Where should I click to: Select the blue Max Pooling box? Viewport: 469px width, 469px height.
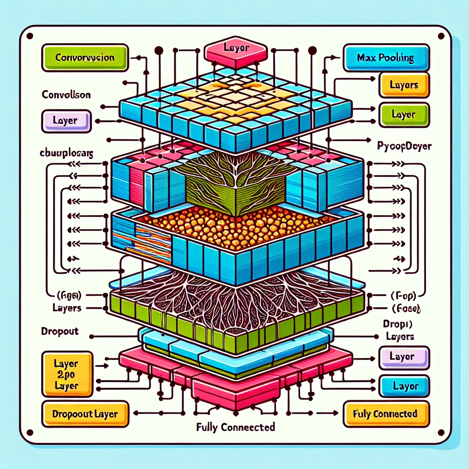click(x=386, y=59)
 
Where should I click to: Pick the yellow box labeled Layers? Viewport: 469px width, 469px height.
click(x=404, y=85)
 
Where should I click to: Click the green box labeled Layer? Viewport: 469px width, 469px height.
click(x=404, y=115)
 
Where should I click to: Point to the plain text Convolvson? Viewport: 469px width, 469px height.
click(x=66, y=95)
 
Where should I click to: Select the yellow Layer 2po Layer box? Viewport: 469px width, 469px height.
click(x=65, y=374)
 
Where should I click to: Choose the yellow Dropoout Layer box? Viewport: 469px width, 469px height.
click(x=85, y=414)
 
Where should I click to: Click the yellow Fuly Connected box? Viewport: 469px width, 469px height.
click(x=386, y=414)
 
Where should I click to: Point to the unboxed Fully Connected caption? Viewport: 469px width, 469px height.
click(x=235, y=428)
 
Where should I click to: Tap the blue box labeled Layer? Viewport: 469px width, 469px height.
click(x=404, y=386)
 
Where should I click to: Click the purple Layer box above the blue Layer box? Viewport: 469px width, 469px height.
click(x=404, y=357)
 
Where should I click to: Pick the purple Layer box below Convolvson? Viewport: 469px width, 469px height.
click(x=66, y=121)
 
